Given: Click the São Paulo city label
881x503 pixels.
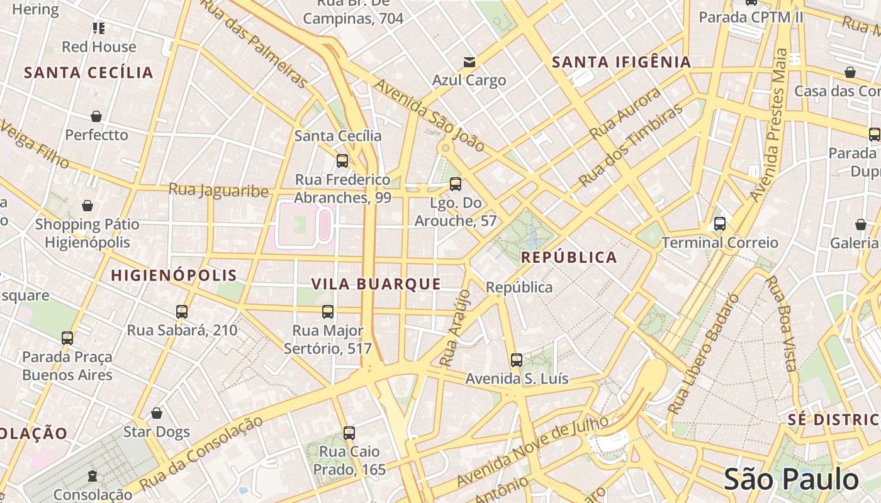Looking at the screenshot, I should tap(790, 479).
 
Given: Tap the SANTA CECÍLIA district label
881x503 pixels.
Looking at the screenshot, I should tap(89, 72).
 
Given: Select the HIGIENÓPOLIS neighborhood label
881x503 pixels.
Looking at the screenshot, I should tap(174, 275).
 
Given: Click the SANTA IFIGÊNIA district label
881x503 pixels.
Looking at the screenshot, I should tap(621, 62).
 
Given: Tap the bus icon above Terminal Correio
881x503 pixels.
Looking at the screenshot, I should tap(719, 224).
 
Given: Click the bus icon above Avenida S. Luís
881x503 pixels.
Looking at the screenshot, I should tap(516, 360).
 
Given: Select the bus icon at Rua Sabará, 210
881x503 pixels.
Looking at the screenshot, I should tap(182, 312).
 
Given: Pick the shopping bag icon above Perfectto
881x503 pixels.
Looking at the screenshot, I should tap(96, 116).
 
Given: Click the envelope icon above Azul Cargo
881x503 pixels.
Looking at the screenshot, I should tap(469, 62).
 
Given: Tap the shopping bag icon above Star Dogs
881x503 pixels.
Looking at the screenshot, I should tap(157, 413).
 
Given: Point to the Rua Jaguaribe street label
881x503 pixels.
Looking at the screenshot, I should tap(218, 190).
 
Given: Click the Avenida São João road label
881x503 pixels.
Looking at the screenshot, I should tap(429, 115).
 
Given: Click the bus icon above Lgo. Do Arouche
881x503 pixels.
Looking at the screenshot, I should tap(456, 184).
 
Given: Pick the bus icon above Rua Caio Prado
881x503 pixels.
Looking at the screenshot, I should tap(349, 433).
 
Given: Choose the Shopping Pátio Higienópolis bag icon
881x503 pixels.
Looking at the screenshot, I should tap(87, 206).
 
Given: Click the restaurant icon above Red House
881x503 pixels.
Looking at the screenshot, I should tap(99, 28).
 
